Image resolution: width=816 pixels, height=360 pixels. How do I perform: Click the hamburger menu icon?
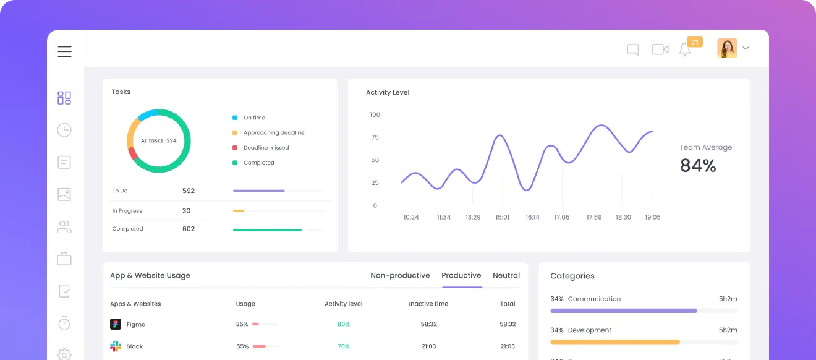coord(65,51)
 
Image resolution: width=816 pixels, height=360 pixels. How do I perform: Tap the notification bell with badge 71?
coord(685,49)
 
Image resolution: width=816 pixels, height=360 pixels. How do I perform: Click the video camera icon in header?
coord(660,49)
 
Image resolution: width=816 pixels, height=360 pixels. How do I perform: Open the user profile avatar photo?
coord(727,48)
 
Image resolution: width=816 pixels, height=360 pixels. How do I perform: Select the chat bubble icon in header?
coord(632,49)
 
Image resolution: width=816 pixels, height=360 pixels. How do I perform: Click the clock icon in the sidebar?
coord(64,130)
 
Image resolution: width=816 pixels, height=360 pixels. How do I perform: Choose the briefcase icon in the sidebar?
coord(64,259)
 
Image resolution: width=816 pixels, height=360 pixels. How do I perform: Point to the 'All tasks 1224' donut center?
coord(158,140)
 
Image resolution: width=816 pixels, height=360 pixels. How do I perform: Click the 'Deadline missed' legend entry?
coord(266,148)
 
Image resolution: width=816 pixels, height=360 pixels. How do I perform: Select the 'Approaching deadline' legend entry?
coord(273,133)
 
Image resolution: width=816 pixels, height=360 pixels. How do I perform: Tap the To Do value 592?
coord(189,191)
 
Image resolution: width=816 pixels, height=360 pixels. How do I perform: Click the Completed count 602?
coord(189,229)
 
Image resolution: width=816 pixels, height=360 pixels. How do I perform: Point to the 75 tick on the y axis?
coord(375,137)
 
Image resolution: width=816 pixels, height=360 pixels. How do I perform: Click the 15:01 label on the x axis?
coord(502,217)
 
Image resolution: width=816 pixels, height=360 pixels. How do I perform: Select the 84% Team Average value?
coord(698,166)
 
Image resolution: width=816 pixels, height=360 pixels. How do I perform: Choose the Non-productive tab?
coord(400,276)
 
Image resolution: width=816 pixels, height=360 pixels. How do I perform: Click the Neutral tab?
coord(506,276)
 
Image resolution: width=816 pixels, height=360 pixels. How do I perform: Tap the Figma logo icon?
coord(116,324)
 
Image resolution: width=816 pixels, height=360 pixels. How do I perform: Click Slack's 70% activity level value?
coord(343,346)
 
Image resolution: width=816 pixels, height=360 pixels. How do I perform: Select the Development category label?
coord(589,330)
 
